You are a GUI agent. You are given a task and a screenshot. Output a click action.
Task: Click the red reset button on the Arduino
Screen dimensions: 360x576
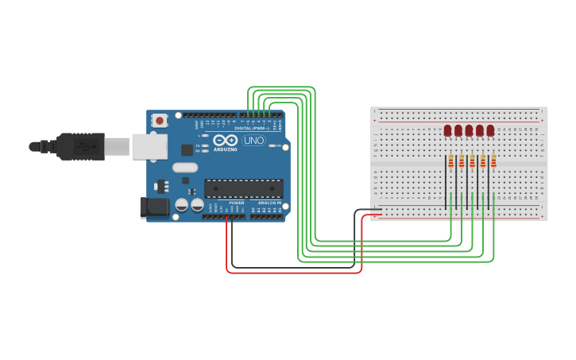160,121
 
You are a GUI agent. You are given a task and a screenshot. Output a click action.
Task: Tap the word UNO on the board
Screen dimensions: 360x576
253,141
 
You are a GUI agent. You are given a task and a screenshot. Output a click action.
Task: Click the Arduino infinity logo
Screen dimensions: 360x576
225,141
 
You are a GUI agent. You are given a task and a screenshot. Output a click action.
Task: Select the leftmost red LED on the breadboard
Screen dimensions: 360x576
448,130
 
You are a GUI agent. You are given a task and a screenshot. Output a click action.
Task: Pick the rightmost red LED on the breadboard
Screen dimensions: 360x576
490,130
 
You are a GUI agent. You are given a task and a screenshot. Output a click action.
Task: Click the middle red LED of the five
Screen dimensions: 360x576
469,130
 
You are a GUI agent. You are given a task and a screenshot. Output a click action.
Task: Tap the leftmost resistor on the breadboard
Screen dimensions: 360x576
450,162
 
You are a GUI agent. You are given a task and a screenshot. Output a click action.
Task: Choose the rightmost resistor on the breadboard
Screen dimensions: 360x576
493,162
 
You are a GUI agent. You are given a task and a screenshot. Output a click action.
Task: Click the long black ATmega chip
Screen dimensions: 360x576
243,188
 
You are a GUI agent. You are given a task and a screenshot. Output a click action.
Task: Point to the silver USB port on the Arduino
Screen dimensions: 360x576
149,146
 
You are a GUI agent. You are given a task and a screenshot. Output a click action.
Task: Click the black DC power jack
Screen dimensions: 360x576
154,207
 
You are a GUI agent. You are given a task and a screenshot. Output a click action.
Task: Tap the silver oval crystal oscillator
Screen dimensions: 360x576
184,168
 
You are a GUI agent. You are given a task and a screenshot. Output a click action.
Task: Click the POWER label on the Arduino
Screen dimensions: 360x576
237,203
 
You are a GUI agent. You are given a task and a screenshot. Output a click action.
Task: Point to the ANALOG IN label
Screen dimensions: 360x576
267,203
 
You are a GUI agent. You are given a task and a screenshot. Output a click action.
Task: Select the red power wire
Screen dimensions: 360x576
294,273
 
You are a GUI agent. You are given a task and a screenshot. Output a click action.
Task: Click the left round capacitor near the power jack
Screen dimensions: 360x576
182,205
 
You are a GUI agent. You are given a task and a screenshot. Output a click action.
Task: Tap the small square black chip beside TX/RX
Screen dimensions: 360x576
187,149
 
